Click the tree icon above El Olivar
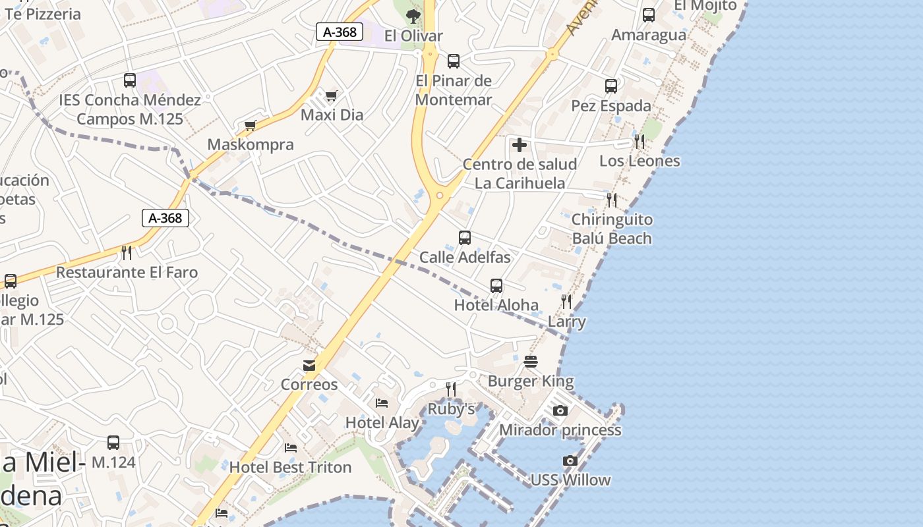(x=413, y=16)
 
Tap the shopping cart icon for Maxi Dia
(x=332, y=96)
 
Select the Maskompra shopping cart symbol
(x=250, y=126)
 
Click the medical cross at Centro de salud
(x=520, y=145)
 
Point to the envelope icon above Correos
(x=309, y=366)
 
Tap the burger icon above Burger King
(x=531, y=362)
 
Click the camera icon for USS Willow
(x=570, y=461)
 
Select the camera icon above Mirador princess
(x=560, y=411)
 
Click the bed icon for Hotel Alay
(x=382, y=403)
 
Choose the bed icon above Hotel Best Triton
(x=291, y=448)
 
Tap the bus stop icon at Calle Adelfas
(x=465, y=238)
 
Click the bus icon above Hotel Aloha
(x=496, y=286)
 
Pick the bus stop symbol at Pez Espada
(x=611, y=86)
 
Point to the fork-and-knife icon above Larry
(x=566, y=302)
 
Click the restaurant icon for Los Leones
(x=639, y=141)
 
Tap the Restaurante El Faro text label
(x=127, y=272)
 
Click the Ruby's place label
(x=451, y=409)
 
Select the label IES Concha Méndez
(x=130, y=100)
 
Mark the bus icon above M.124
(x=113, y=443)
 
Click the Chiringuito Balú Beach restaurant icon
(x=612, y=200)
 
